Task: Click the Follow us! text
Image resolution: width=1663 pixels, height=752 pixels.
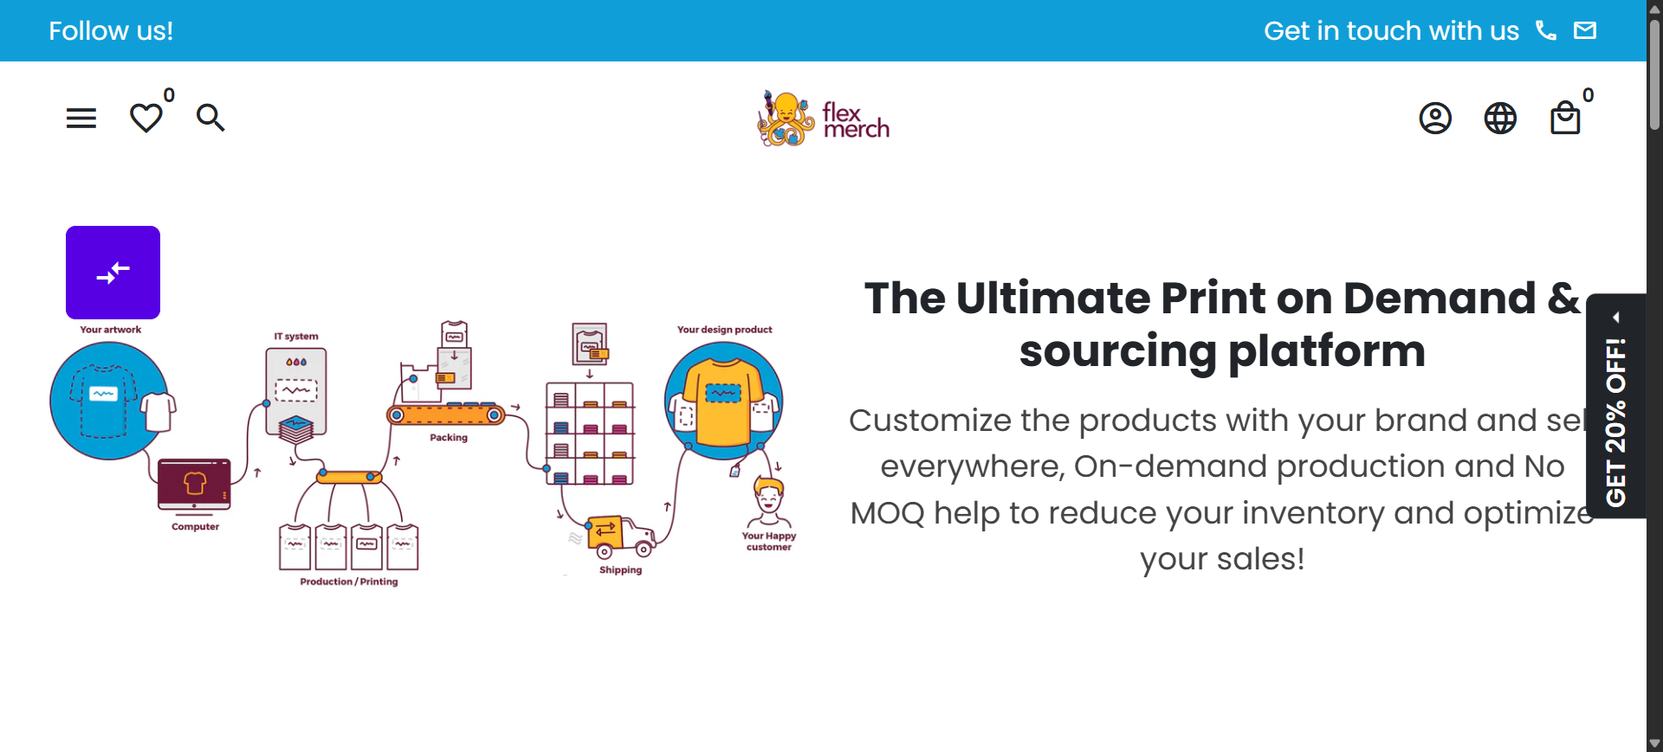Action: coord(111,31)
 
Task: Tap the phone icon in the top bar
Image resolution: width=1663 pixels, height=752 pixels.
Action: coord(1546,30)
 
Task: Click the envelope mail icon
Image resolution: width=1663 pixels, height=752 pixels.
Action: coord(1585,30)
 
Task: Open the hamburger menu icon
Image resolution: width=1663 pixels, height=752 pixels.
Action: coord(81,118)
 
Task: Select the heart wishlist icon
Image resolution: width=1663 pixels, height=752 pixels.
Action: coord(146,118)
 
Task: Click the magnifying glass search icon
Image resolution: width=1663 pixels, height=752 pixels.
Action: coord(210,118)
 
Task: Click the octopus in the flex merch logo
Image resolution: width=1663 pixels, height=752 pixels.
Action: coord(786,119)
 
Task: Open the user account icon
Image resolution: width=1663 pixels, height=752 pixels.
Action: coord(1435,118)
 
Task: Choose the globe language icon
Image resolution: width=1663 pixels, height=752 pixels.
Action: coord(1500,118)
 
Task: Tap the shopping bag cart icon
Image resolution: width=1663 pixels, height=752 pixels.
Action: coord(1565,118)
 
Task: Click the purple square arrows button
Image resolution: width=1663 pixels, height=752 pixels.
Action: coord(113,273)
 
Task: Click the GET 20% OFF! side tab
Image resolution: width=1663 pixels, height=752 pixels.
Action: coord(1616,406)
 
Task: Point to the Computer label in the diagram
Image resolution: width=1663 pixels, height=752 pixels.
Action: coord(196,526)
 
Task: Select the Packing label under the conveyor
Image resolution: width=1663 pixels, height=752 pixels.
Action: coord(449,438)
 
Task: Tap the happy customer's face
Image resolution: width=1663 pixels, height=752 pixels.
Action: coord(768,496)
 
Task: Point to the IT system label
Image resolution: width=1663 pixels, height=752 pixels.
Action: coord(296,337)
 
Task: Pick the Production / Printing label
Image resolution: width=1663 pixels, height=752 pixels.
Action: coord(349,582)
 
